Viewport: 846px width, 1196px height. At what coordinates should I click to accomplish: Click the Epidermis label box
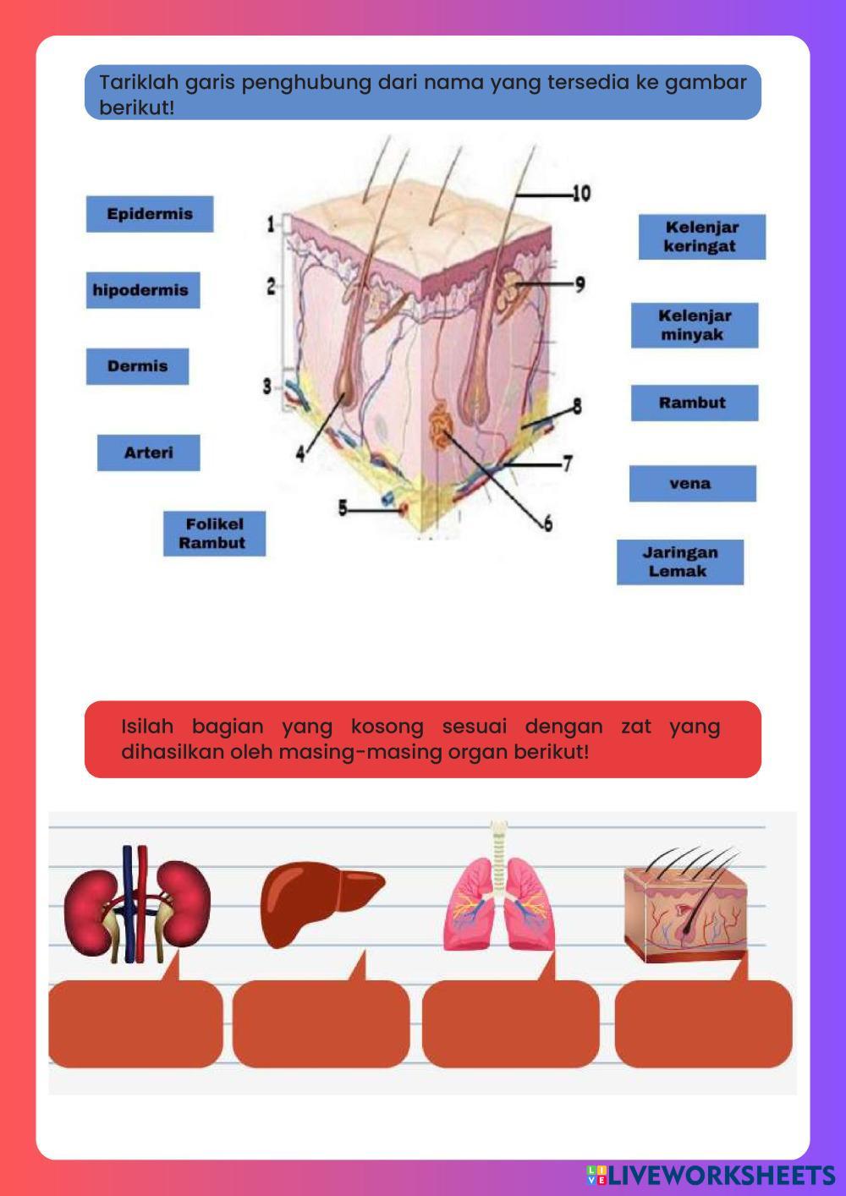149,214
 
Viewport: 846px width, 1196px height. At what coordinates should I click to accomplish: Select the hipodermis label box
142,290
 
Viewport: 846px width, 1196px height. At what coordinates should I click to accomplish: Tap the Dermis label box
137,366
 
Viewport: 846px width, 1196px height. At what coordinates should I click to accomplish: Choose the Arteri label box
148,453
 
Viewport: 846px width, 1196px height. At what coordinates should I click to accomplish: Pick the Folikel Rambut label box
214,534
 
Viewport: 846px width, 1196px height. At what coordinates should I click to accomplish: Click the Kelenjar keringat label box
701,237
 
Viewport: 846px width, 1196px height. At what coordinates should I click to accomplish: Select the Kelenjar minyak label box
694,326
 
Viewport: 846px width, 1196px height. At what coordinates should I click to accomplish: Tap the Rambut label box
694,403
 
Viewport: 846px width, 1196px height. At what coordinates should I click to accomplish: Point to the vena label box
692,484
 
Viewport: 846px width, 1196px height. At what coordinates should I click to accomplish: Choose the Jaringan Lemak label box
679,562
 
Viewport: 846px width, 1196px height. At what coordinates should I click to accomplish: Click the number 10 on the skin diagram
581,194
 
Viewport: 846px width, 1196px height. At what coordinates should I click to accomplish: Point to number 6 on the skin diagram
547,524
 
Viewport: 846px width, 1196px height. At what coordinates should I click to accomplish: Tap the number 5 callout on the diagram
343,508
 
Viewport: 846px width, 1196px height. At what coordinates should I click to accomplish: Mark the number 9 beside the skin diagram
580,284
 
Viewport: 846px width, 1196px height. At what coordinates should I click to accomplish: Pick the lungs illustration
499,897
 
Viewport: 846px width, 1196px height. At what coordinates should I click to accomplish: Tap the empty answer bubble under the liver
321,1023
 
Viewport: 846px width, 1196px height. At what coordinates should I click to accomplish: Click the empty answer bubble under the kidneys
135,1023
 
